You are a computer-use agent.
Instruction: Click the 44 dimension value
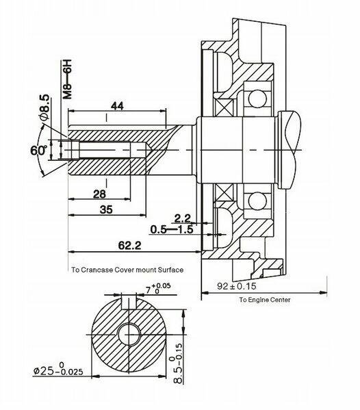(x=117, y=106)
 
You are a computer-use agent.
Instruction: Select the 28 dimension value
(x=99, y=194)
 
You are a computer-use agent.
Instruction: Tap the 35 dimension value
(x=106, y=209)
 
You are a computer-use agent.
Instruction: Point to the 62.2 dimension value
(x=129, y=246)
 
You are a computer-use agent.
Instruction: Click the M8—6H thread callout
(x=67, y=79)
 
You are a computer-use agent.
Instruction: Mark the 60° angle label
(x=38, y=151)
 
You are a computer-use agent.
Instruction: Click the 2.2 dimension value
(x=182, y=218)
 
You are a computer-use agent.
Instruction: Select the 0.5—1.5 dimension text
(x=172, y=229)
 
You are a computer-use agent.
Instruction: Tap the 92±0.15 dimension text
(x=237, y=286)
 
